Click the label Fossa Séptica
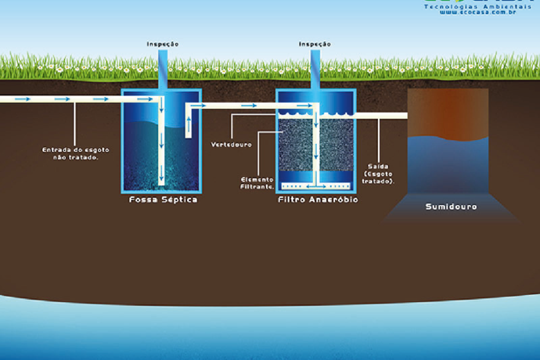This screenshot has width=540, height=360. point(163,200)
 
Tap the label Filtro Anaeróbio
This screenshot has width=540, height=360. point(317,200)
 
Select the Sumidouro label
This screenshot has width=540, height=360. point(451,206)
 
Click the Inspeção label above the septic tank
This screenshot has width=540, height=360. point(163,44)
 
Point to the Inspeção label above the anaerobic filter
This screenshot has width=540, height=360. point(315,44)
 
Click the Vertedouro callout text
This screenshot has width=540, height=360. point(231,144)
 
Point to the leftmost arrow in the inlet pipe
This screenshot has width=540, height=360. point(23,99)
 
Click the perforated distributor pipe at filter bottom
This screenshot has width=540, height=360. point(316,186)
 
